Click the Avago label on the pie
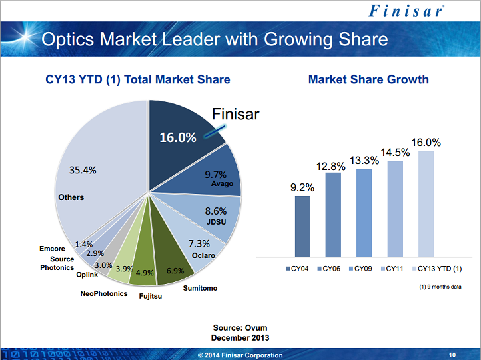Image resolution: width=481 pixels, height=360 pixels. [221, 183]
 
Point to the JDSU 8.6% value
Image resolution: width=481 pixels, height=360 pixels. [216, 211]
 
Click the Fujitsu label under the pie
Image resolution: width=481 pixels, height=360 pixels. [150, 296]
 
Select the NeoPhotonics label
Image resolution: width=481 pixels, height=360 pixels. [103, 293]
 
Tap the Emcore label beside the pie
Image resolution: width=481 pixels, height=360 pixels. [53, 249]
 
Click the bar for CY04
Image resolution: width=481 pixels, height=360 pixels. [302, 226]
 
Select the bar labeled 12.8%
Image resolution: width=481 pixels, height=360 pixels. [333, 214]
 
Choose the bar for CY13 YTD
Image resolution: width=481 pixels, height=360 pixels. [426, 203]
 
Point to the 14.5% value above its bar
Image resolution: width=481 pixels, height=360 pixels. [395, 153]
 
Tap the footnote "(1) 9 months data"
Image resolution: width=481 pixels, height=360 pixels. [440, 286]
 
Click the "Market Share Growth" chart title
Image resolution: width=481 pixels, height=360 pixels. [368, 80]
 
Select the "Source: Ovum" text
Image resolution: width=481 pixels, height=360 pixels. [240, 328]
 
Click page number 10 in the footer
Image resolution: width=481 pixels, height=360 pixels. [452, 355]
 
